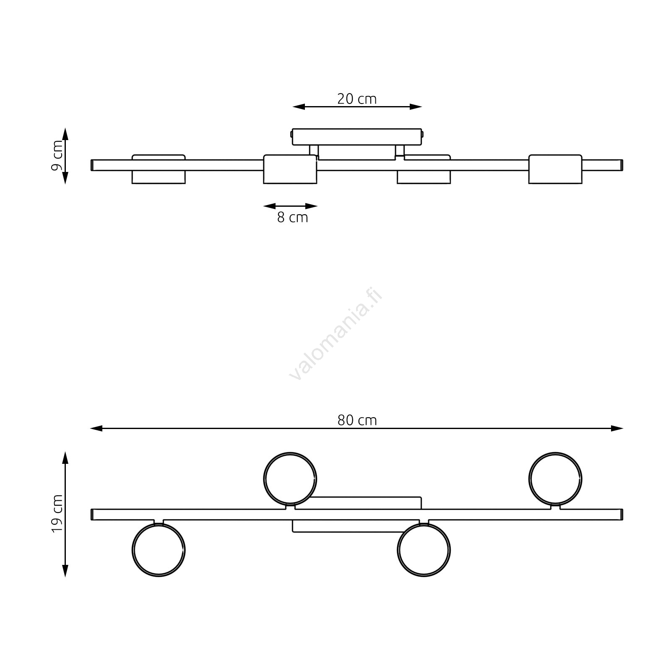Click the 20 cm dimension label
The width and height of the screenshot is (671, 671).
357,99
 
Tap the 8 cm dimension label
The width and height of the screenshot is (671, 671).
292,218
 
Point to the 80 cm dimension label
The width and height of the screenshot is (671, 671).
357,420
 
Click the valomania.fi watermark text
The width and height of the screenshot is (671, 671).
336,334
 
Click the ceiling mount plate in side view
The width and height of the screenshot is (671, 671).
357,137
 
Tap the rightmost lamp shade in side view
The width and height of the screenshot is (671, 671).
555,169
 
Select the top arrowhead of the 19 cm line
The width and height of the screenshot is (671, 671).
65,458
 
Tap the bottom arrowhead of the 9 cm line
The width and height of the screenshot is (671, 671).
65,178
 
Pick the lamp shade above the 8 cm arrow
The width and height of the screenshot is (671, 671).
290,169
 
